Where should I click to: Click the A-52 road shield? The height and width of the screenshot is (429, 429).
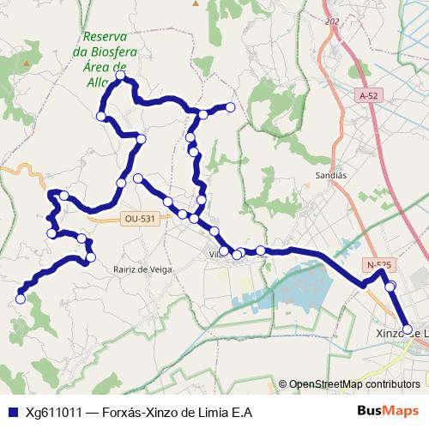click(370, 96)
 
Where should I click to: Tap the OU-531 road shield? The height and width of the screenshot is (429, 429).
click(140, 219)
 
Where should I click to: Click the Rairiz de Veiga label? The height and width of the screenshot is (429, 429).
click(142, 269)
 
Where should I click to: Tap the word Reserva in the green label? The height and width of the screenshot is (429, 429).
click(106, 37)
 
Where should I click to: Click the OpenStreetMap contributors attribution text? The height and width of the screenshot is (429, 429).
click(354, 384)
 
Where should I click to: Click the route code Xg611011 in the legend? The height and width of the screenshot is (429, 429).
click(54, 412)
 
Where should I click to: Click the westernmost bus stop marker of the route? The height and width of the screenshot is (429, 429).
click(21, 299)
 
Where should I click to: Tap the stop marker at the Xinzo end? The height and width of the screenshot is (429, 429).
click(408, 329)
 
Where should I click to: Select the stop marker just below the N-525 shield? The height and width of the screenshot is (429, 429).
click(390, 286)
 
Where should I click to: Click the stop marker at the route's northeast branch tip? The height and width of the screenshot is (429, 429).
click(230, 107)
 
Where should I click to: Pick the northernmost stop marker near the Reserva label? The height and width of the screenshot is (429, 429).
click(120, 76)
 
